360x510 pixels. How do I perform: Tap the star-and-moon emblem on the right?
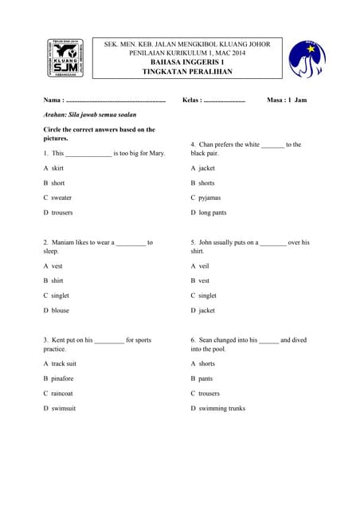[x=307, y=59]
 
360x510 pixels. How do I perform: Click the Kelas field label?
[x=192, y=100]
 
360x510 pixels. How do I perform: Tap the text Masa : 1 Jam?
[x=287, y=100]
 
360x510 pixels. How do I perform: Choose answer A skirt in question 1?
[x=53, y=168]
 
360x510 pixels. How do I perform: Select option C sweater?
[x=57, y=197]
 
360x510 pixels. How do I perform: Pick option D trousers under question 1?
[x=58, y=213]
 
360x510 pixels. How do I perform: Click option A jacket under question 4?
[x=203, y=168]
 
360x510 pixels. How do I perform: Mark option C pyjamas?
[x=206, y=197]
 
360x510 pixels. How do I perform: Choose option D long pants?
[x=209, y=213]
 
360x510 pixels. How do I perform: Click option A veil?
[x=200, y=266]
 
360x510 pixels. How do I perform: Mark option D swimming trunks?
[x=218, y=408]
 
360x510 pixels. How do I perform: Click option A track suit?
[x=60, y=363]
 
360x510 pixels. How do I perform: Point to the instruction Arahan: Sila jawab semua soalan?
[x=90, y=115]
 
